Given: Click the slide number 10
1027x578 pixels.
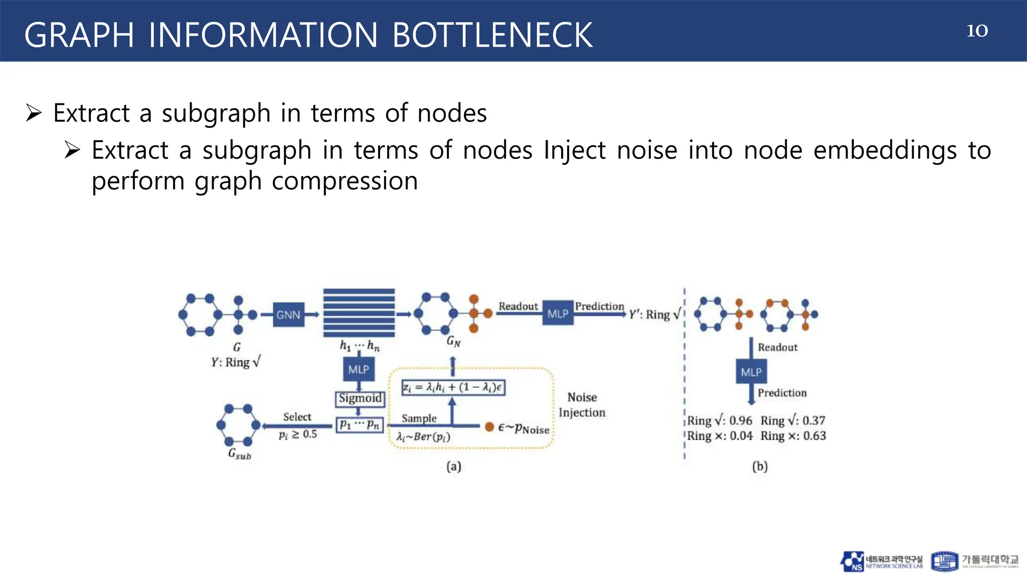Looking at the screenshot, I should click(x=977, y=31).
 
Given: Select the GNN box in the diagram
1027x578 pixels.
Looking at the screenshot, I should click(x=288, y=315).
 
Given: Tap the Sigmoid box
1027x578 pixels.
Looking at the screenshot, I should click(x=360, y=398).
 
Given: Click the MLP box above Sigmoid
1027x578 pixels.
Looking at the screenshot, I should click(x=359, y=369).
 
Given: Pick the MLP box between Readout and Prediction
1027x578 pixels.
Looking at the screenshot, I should click(x=558, y=314).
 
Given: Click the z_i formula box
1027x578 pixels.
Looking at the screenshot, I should click(x=453, y=387).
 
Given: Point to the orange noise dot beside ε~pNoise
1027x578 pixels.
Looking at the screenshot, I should click(x=489, y=427).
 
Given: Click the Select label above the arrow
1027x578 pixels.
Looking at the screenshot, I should click(x=297, y=416).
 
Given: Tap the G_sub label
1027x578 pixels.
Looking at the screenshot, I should click(x=240, y=454).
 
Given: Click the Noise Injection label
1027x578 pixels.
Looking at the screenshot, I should click(x=582, y=405).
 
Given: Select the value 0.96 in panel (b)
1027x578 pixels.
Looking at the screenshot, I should click(x=741, y=420).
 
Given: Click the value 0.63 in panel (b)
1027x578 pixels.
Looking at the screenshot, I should click(x=814, y=436).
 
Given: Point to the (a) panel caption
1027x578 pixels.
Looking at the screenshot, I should click(x=453, y=467).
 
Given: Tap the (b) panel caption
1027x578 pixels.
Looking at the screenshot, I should click(x=760, y=467).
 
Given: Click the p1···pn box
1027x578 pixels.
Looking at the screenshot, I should click(x=360, y=425).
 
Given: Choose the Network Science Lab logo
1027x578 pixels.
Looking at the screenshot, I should click(x=882, y=561).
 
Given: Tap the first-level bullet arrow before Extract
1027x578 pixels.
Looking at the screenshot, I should click(x=34, y=113).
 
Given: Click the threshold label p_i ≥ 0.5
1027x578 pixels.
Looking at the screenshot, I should click(x=298, y=435).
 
